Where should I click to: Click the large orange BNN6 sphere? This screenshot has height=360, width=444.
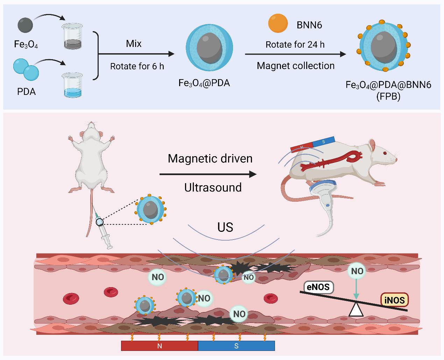coord(278,23)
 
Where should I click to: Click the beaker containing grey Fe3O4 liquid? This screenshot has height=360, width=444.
coord(72,36)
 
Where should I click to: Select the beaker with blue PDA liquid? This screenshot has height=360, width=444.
coord(72,85)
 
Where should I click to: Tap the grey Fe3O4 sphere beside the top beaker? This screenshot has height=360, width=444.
coord(25,25)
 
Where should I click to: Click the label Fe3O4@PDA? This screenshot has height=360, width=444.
coord(204,83)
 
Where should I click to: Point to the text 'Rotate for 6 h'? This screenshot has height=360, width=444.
coord(137,66)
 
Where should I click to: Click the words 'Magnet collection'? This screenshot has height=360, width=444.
coord(296,66)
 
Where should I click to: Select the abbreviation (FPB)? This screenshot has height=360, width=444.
coord(388,96)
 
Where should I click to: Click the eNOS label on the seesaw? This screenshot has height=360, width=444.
coord(318,287)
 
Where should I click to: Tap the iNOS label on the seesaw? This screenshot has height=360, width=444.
coord(394,300)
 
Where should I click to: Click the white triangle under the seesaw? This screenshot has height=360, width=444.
coord(356,309)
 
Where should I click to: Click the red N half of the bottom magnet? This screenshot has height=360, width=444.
coord(160,346)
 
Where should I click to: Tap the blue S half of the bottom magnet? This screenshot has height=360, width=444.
coord(237,346)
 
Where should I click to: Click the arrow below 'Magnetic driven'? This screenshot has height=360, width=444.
coord(208,174)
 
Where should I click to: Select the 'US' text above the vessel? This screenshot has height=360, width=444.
coord(225,227)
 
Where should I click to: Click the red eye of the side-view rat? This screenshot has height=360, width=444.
coord(385,153)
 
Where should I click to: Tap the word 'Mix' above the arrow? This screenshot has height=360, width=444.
coord(134,44)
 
